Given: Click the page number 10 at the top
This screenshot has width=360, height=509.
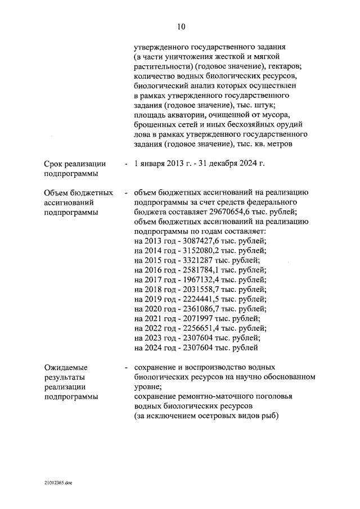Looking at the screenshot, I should coord(180,26).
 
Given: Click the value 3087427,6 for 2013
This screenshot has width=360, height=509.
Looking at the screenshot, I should coord(199,241).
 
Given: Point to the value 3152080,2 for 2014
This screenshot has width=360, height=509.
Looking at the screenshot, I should coord(199,250).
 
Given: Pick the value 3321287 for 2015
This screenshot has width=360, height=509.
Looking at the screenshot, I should coord(195,260).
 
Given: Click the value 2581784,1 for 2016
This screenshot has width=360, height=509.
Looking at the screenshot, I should coord(199,270).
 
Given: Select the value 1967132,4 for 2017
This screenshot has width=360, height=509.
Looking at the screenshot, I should coord(199,280).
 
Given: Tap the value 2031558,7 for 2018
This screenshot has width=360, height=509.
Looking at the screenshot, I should coord(199,290).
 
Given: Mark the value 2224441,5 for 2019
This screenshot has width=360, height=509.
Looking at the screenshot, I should coord(199,299).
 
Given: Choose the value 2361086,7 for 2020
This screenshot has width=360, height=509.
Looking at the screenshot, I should coord(199,309).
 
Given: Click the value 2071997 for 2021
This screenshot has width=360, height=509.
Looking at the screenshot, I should coord(195,319).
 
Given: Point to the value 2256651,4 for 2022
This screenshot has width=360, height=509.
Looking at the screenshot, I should coord(199,328).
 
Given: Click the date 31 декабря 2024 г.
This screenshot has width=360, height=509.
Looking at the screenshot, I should coord(231,164).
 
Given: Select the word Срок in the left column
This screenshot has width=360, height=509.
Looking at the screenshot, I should coord(56,164).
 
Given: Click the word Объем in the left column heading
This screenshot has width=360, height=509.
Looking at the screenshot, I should coord(58,192).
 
